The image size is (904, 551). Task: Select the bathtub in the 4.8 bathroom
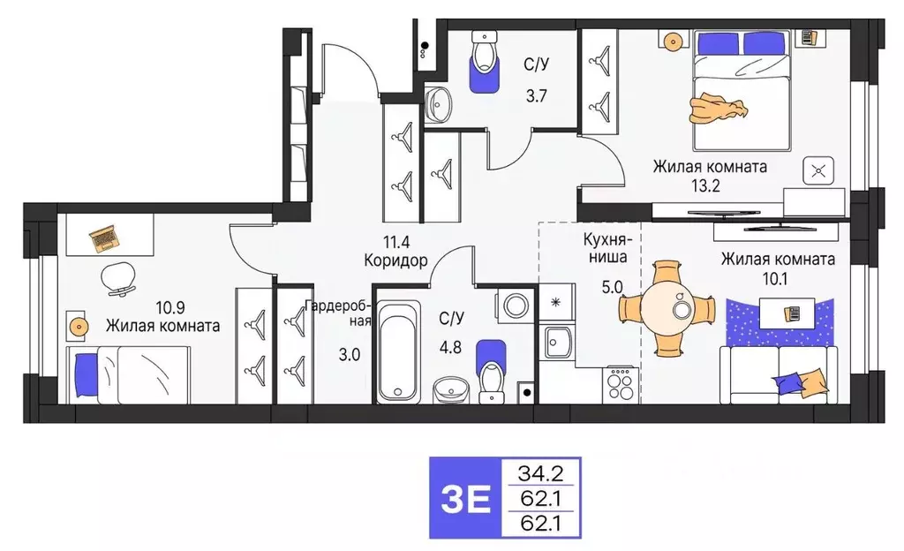pos(399,351)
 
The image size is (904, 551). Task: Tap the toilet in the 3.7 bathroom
pos(483,62)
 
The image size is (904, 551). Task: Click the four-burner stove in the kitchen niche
pos(621,383)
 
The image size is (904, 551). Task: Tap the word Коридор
pos(395,260)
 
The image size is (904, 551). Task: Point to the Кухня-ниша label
pos(605,248)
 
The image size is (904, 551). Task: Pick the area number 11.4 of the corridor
pos(395,240)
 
